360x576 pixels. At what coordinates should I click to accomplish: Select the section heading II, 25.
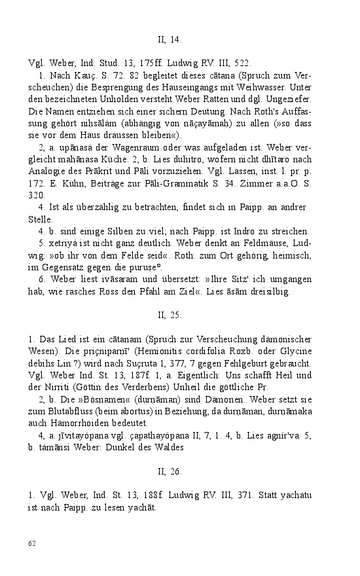click(169, 315)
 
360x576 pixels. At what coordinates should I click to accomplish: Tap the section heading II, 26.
click(169, 452)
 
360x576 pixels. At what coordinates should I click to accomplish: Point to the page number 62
click(32, 543)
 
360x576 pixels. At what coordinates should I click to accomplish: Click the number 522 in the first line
click(240, 63)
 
